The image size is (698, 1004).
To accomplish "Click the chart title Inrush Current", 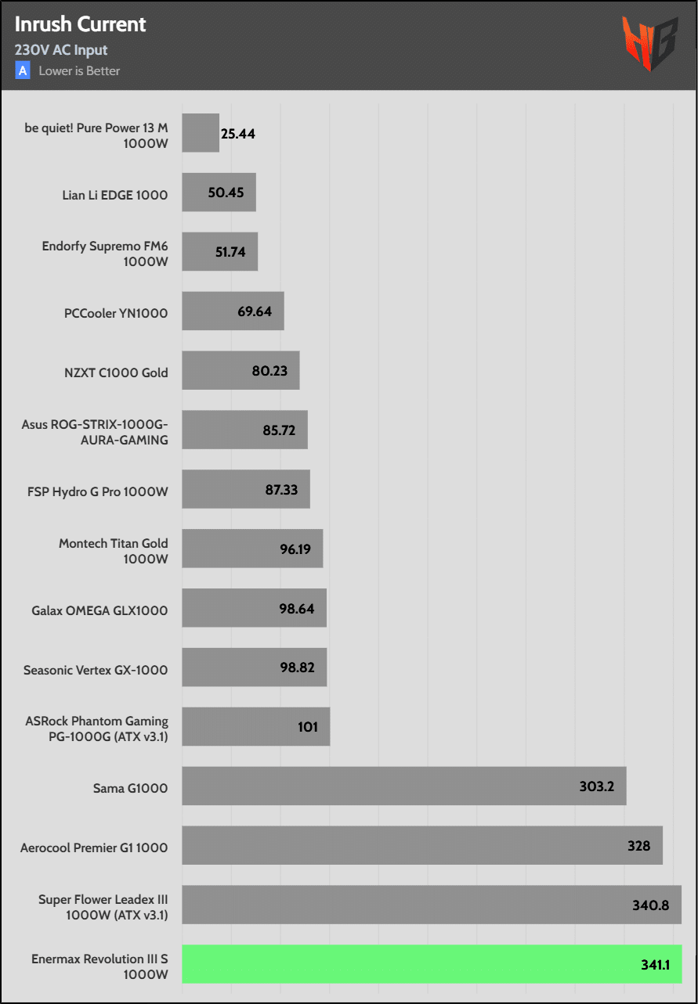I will coord(81,24).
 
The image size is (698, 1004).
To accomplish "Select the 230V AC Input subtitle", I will coord(61,50).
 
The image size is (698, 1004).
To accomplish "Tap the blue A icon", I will coord(23,70).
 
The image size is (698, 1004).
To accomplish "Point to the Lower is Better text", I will coord(80,71).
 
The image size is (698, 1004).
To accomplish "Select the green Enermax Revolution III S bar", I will coord(432,964).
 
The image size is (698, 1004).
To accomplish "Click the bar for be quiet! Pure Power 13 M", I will coord(201,133).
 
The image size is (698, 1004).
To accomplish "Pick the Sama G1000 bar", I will coord(403,786).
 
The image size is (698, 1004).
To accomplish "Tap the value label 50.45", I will coord(226,193).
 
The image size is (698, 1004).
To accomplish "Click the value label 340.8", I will coord(650,905).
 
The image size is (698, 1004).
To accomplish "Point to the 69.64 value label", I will coord(255,311).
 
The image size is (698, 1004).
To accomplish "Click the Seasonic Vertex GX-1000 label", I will coord(96,670).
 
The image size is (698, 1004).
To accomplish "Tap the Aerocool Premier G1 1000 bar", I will coord(422,845).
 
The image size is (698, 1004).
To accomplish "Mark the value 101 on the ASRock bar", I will coord(308,727).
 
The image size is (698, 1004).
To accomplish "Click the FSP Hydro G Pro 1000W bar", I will coord(246,489).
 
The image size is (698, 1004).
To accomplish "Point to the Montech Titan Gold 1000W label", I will coord(114,551).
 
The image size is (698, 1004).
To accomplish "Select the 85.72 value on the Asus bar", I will coord(279,430).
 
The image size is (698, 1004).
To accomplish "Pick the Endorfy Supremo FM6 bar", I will coord(219,252).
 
